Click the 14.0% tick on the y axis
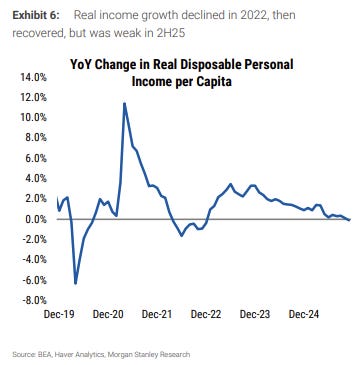coord(31,77)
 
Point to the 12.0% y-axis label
coord(31,97)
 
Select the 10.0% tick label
coord(31,117)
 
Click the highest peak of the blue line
coord(124,103)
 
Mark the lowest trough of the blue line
coord(76,283)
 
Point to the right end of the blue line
coord(349,220)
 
